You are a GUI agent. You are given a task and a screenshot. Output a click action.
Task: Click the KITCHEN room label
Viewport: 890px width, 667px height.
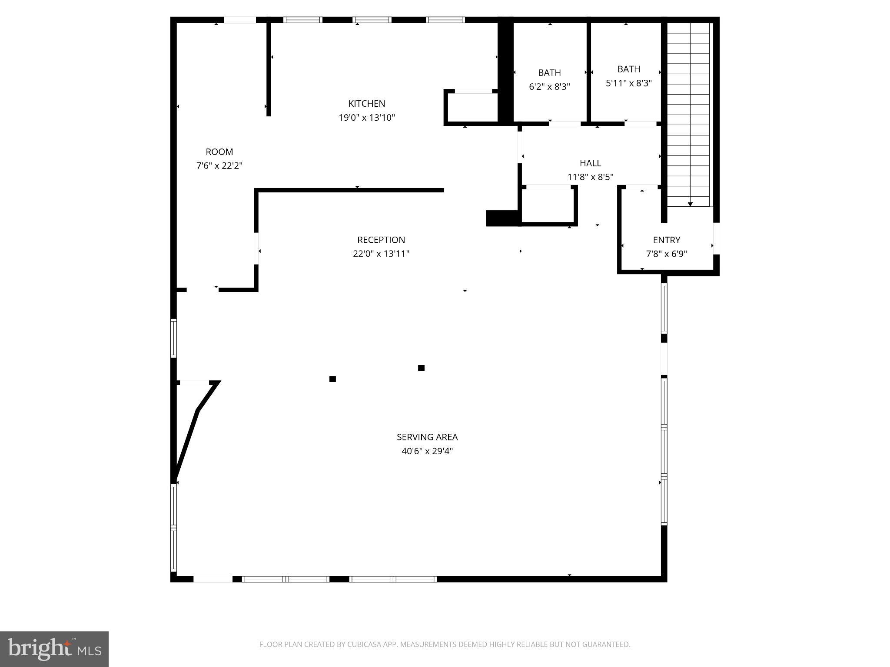[366, 103]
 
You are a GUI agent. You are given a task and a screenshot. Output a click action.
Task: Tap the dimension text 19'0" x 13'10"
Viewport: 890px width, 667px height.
[366, 117]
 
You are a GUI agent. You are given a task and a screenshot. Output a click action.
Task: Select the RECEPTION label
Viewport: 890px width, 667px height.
[381, 240]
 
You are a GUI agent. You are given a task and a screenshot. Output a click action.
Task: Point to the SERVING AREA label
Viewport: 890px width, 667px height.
[427, 437]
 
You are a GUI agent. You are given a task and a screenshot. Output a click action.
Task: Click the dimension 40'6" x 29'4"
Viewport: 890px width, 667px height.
[427, 451]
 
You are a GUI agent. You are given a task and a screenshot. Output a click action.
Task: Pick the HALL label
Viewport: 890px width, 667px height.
[590, 163]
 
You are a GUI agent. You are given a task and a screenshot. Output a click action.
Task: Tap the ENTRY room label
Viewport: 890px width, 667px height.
[666, 240]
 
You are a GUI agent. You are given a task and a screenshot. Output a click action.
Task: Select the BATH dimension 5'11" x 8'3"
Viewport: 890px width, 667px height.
[628, 83]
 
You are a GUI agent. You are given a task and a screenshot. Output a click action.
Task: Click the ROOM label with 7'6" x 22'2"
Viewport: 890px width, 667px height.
[219, 152]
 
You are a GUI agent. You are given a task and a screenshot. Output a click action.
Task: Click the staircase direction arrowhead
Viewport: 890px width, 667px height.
[690, 204]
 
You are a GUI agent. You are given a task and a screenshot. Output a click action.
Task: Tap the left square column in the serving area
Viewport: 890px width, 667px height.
[332, 379]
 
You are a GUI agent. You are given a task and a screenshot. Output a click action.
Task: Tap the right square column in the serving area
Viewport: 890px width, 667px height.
[421, 368]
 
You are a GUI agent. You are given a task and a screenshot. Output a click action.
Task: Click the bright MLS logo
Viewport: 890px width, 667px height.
[54, 649]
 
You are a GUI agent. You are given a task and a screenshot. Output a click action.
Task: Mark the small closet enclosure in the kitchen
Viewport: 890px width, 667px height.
[472, 108]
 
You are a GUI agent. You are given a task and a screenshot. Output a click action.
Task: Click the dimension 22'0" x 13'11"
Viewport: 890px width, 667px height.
[381, 254]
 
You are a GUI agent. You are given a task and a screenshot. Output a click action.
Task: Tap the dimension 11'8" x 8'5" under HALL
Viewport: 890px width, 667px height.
[590, 177]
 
